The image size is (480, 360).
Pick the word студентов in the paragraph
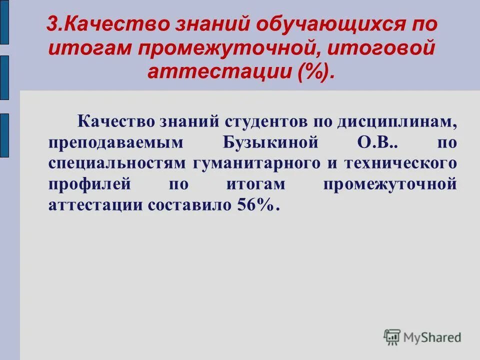pos(267,120)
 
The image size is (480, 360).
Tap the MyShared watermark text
pos(432,337)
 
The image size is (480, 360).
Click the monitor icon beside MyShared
pos(392,337)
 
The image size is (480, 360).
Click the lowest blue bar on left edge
pos(4,135)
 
